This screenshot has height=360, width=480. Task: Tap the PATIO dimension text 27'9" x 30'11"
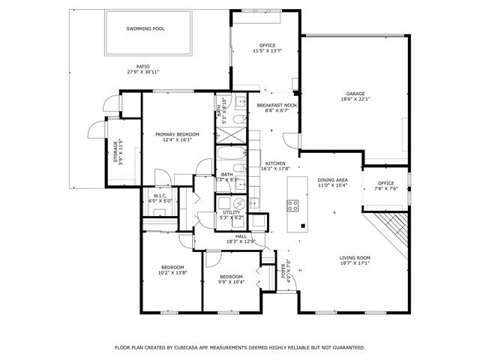click(142, 72)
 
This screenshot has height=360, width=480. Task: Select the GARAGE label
click(355, 94)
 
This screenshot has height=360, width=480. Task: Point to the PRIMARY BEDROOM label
click(177, 134)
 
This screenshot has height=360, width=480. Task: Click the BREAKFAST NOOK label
click(277, 105)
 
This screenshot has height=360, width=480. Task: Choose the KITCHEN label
click(275, 163)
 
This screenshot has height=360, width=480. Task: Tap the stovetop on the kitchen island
click(293, 205)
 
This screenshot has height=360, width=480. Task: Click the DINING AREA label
click(331, 180)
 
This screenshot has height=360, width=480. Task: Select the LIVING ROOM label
click(355, 258)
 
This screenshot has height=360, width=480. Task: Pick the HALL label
click(241, 236)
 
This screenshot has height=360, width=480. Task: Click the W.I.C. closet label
click(160, 197)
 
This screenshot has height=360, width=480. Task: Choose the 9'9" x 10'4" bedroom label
click(230, 277)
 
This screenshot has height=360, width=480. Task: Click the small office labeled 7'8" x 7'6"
click(386, 183)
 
